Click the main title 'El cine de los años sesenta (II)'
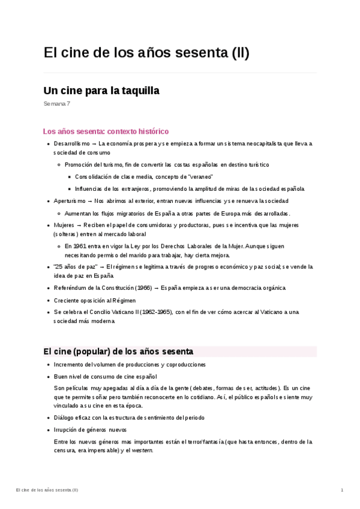146,53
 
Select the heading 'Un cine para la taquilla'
101,91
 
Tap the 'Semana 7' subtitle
57,104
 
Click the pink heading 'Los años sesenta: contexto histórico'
106,131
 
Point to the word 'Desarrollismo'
71,144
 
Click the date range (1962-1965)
157,312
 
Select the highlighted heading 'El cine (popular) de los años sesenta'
118,351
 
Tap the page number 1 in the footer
342,490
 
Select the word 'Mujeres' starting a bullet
64,225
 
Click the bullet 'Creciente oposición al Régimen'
95,300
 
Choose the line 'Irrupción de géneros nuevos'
90,430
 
